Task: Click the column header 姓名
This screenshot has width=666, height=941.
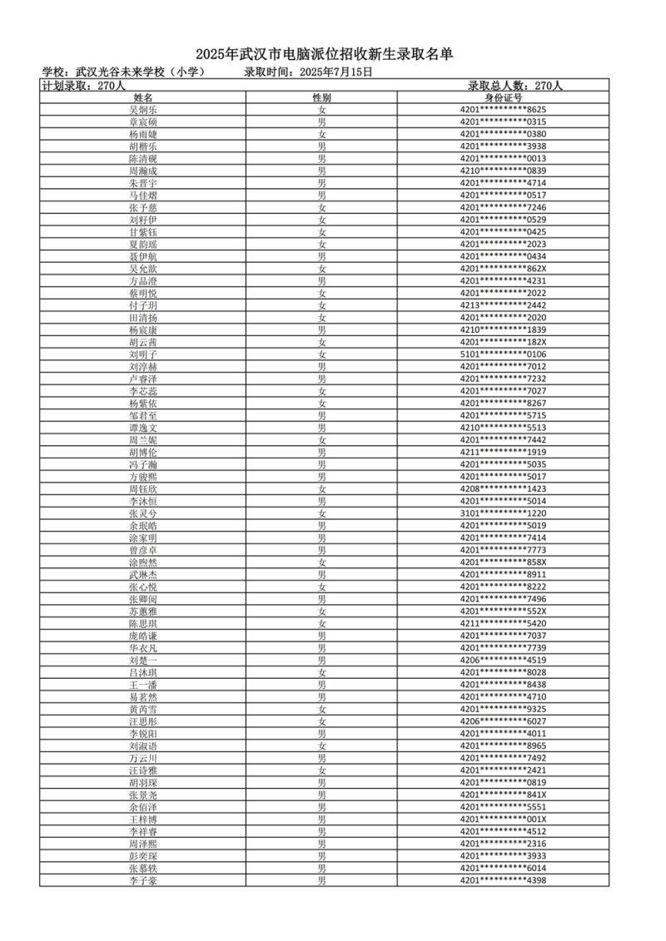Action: click(x=143, y=97)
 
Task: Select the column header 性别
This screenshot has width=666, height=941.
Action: click(x=321, y=97)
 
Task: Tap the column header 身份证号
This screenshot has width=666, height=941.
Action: click(x=503, y=97)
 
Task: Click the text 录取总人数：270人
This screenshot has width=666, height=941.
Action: click(x=515, y=85)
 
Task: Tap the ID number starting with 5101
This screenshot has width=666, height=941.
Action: click(x=503, y=354)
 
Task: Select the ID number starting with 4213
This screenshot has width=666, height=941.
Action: click(x=503, y=305)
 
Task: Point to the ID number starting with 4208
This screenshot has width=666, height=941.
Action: click(x=503, y=488)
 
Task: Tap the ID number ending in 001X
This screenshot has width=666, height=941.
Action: click(x=503, y=819)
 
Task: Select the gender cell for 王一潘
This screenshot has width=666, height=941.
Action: click(x=321, y=684)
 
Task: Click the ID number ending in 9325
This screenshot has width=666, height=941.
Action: click(x=503, y=709)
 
